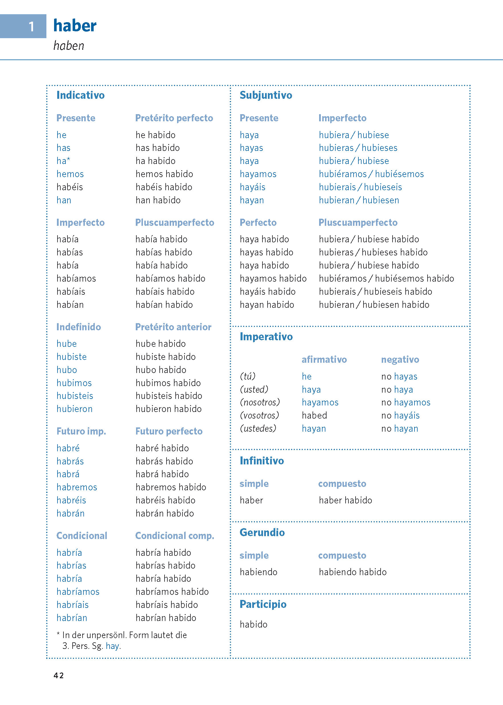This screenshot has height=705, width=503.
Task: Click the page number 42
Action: [x=59, y=676]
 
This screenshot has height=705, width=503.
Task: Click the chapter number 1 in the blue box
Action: [x=31, y=27]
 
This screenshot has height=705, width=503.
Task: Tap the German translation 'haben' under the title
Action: [x=69, y=46]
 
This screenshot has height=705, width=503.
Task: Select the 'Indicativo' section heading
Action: [x=81, y=95]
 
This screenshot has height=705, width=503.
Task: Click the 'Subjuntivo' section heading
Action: [x=266, y=95]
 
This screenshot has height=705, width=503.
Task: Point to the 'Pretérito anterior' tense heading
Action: [x=173, y=327]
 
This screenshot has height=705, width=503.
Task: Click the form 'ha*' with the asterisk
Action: [x=63, y=161]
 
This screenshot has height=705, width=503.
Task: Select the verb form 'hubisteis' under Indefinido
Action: [x=75, y=395]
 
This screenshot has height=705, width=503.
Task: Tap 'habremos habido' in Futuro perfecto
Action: [x=171, y=487]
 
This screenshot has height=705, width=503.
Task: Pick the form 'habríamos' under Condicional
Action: [x=78, y=592]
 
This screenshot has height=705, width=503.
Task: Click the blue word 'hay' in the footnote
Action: [x=112, y=646]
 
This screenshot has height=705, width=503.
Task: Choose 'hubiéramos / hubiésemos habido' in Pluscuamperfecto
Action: [x=386, y=278]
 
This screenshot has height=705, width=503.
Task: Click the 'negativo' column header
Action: [x=400, y=359]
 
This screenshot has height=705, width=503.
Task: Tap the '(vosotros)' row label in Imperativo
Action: [x=260, y=415]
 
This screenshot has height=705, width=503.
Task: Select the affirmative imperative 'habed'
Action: [x=314, y=415]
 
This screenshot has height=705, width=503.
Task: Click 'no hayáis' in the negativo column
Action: [x=400, y=415]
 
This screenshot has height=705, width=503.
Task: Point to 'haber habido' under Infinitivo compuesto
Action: [x=345, y=500]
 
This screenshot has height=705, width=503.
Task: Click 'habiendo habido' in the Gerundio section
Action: [x=352, y=572]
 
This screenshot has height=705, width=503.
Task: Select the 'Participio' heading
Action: [x=263, y=604]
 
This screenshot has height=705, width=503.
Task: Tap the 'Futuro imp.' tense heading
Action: [x=81, y=431]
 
